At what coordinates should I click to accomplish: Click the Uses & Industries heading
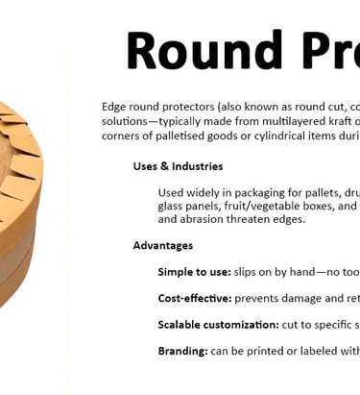[x=178, y=166]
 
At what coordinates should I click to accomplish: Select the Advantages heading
[x=162, y=245]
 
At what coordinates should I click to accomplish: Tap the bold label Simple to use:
[x=194, y=272]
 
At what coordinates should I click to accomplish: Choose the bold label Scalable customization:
[x=218, y=325]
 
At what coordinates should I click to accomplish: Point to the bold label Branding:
[x=182, y=351]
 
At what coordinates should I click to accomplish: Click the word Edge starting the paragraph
[x=114, y=107]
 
